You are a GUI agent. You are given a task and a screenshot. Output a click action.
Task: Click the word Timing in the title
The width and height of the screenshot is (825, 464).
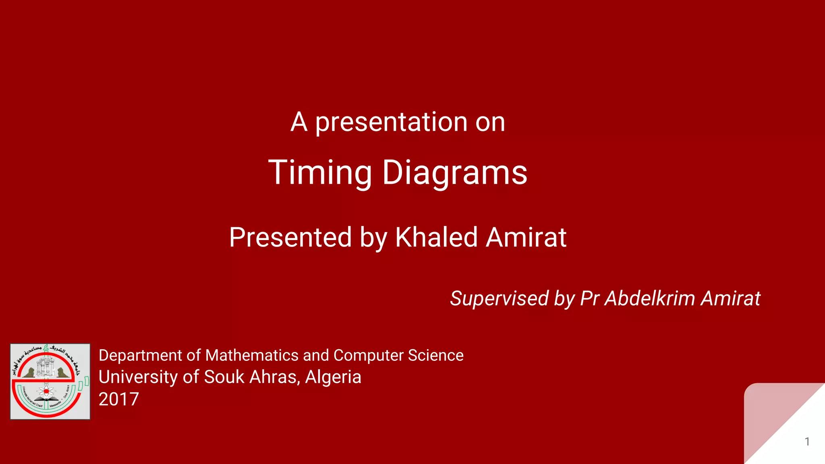[x=320, y=173]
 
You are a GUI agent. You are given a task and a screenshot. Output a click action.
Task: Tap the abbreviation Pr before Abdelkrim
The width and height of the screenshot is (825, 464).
[x=590, y=299]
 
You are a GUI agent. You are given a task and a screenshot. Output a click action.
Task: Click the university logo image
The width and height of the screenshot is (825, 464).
[x=50, y=381]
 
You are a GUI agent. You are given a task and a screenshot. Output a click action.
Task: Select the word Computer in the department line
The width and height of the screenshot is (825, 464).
[x=368, y=356]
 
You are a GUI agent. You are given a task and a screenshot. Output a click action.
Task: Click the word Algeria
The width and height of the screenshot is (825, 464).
[x=333, y=377]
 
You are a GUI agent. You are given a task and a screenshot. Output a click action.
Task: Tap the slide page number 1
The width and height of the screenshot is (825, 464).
[x=807, y=441]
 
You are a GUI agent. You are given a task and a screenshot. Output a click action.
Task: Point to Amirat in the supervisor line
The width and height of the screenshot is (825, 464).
[x=730, y=299]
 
